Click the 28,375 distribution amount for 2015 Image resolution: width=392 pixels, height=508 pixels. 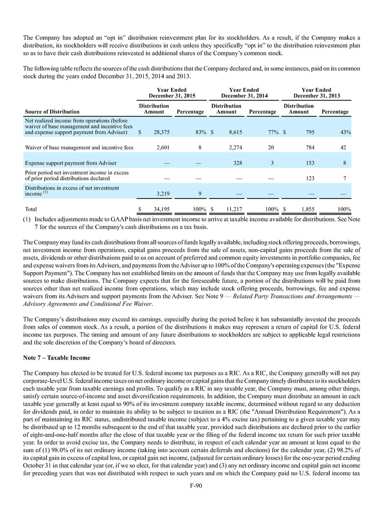pyautogui.click(x=160, y=132)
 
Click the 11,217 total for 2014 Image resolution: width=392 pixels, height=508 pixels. pyautogui.click(x=234, y=208)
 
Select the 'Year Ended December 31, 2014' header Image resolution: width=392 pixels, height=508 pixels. pyautogui.click(x=244, y=93)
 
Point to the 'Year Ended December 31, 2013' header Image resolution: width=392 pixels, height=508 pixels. pyautogui.click(x=316, y=93)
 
